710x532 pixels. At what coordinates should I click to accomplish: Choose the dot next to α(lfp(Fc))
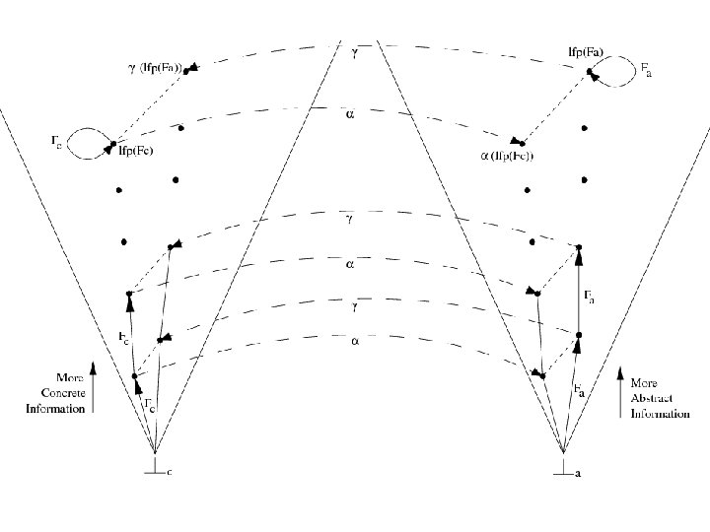(523, 144)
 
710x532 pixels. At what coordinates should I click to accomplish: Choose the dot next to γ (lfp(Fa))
(186, 71)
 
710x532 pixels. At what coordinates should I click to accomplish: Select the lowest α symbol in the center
(354, 342)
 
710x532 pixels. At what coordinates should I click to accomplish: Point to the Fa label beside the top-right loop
(646, 71)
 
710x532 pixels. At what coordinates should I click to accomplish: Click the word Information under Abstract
(660, 415)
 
